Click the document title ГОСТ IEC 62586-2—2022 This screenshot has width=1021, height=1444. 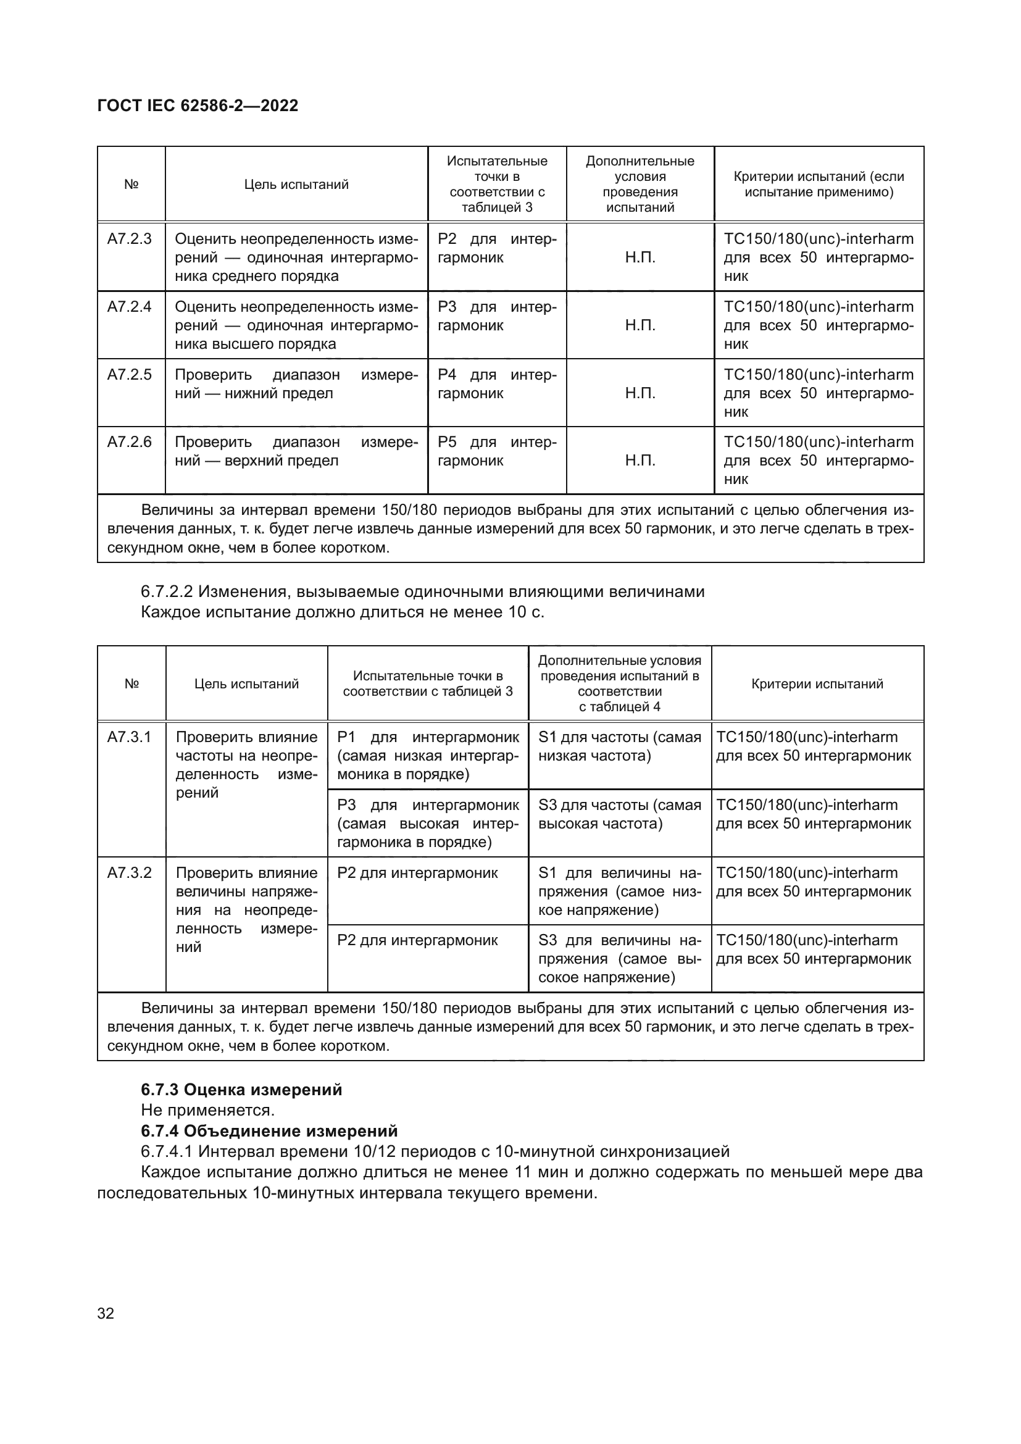(x=198, y=106)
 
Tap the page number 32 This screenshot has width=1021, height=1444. (x=106, y=1313)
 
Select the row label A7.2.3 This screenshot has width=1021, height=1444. (x=130, y=239)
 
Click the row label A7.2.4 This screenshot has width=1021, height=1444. (x=130, y=307)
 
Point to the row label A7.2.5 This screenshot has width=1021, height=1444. (x=130, y=375)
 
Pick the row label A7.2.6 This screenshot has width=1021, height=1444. (x=130, y=442)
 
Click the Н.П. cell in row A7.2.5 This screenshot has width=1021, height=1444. (x=640, y=393)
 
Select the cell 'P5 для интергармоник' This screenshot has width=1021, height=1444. (x=497, y=451)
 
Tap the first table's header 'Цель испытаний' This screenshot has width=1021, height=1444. (x=296, y=184)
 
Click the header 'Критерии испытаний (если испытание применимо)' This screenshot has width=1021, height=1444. (x=819, y=184)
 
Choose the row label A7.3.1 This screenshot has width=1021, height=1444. (x=130, y=737)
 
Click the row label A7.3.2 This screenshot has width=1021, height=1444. (x=130, y=873)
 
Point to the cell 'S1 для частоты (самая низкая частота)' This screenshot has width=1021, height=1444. (x=619, y=746)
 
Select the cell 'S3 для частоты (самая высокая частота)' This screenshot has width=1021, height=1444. (x=619, y=814)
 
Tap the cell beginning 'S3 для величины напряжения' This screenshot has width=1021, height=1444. (x=619, y=959)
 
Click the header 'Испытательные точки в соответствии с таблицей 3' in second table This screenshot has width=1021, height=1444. (x=428, y=683)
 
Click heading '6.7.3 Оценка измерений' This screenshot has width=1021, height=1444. (x=241, y=1090)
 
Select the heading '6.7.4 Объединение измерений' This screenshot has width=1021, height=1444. (x=269, y=1131)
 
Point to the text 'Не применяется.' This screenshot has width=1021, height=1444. (x=207, y=1111)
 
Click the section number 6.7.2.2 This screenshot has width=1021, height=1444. (x=167, y=592)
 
